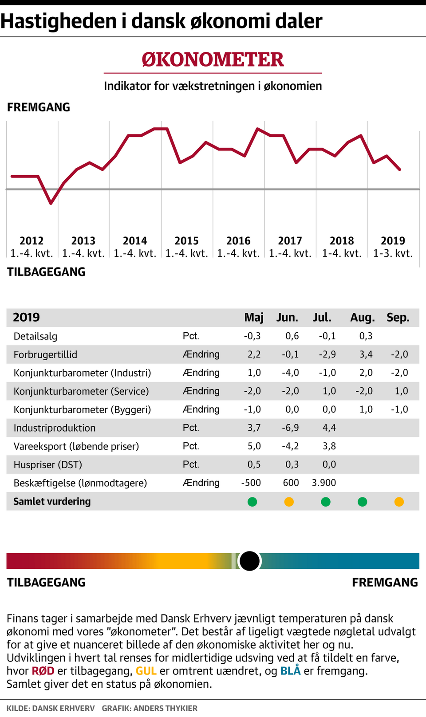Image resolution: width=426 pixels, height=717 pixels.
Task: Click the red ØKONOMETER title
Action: coord(213,60)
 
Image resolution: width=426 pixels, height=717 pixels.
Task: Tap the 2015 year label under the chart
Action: coord(186,241)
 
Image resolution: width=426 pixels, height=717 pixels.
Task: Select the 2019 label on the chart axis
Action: coord(393,241)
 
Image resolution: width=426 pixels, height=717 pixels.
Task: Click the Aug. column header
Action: coord(363,318)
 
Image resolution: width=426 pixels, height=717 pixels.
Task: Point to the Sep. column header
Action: coord(398,318)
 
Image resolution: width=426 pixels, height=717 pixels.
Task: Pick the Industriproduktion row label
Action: coord(55,428)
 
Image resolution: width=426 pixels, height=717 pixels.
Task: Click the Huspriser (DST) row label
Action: coord(48,465)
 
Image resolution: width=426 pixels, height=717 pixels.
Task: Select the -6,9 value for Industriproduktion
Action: coord(291,428)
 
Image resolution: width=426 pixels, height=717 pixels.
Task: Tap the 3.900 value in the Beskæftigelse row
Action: coord(324,483)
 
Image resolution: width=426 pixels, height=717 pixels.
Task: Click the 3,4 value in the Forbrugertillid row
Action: coord(366,355)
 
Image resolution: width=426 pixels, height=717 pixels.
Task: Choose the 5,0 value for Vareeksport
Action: coord(254,446)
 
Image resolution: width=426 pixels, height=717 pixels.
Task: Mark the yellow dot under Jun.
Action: coord(289,502)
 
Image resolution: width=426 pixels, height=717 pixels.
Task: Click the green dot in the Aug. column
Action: coord(363,502)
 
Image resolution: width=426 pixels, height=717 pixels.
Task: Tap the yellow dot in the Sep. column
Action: coord(399,502)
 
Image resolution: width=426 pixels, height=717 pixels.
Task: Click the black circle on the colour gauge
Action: coord(249,561)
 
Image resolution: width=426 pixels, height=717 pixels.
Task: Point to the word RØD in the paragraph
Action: coord(43,671)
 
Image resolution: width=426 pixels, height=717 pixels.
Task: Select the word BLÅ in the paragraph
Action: coord(290,671)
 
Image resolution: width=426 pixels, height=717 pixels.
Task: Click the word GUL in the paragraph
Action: coord(146,671)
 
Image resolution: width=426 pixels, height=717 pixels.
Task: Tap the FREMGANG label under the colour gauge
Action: coord(385,583)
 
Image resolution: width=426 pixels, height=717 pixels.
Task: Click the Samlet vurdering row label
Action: coord(52,502)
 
